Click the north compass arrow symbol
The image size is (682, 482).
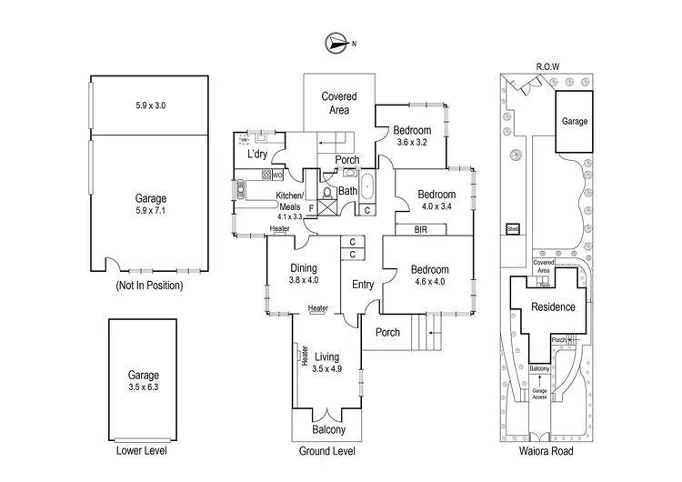pos(336,42)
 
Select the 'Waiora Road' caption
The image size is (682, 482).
pos(547,449)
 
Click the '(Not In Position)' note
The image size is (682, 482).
pos(149,285)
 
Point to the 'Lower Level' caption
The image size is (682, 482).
pos(142,449)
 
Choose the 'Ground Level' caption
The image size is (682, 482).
pos(326,449)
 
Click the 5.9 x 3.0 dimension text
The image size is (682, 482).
pos(149,106)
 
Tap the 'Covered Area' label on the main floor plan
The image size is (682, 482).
pos(338,103)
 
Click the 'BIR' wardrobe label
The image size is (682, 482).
pos(421,229)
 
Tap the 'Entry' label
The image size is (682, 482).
pos(363,285)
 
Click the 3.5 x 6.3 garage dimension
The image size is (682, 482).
pos(143,386)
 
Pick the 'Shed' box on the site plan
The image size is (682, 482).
pos(513,230)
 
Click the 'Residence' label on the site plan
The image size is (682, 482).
pos(553,306)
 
